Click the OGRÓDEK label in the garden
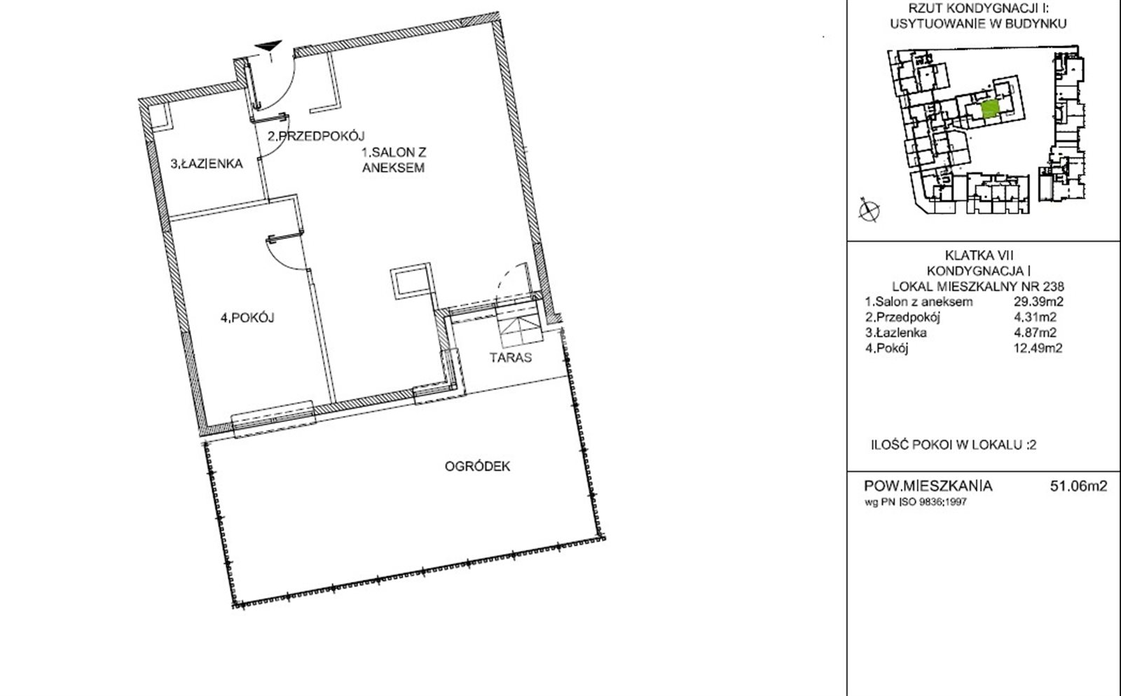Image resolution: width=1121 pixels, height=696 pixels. coord(477,466)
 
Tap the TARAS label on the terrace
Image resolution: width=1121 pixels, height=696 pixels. coord(511,358)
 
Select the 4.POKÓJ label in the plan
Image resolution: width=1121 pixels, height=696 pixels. coord(248,317)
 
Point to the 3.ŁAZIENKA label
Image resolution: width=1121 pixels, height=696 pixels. coord(207,164)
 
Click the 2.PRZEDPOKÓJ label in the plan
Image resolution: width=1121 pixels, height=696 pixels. coord(316,136)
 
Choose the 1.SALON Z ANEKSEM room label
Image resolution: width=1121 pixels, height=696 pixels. coord(394,160)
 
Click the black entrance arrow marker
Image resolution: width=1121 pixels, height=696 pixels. coord(269,46)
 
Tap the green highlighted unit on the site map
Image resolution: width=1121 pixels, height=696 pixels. coord(990,109)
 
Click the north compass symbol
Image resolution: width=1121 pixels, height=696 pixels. coord(869,210)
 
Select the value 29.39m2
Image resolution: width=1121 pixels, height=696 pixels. coord(1038,302)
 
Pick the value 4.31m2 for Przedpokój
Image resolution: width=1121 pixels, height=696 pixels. coord(1035,317)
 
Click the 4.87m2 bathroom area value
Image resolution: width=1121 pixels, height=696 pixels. coord(1035,333)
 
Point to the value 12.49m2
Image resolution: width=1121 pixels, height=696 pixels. coord(1038,348)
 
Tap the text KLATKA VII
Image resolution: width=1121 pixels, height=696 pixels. coord(979,256)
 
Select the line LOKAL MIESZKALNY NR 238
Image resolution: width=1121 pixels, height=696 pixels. coord(978,286)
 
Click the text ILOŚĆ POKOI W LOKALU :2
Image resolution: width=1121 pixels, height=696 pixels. coord(954,445)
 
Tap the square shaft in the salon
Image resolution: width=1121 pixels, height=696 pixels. coord(411,281)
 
